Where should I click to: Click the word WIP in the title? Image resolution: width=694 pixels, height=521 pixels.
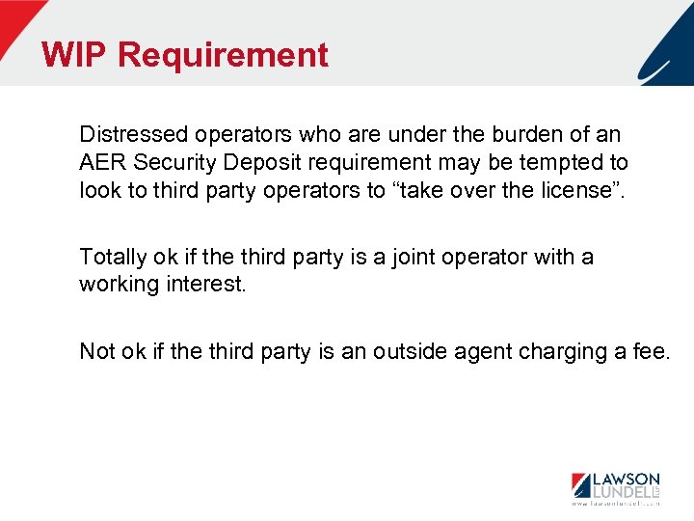(74, 55)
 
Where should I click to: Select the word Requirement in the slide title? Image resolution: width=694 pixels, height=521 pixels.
(223, 55)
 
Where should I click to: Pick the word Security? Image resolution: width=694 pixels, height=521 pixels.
(173, 162)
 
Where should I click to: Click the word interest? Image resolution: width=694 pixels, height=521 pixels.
(207, 286)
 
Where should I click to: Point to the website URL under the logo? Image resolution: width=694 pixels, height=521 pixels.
(615, 504)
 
